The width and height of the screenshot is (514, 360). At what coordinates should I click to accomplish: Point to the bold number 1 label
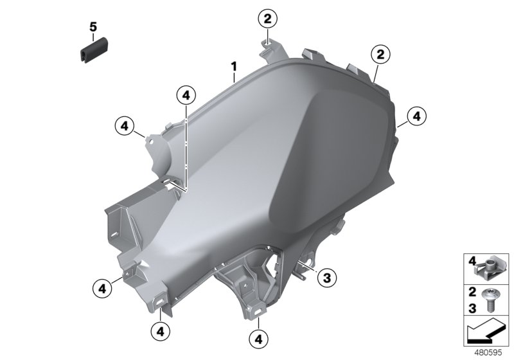pyautogui.click(x=235, y=66)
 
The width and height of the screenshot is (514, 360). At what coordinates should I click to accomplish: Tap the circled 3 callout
pyautogui.click(x=326, y=278)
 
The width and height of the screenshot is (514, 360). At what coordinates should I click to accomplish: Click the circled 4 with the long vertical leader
pyautogui.click(x=185, y=95)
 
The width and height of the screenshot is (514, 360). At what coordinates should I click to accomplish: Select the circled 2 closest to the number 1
pyautogui.click(x=268, y=19)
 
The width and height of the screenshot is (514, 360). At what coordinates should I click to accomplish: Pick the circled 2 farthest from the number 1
pyautogui.click(x=380, y=55)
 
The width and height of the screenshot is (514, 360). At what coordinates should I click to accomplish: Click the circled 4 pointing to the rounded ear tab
pyautogui.click(x=125, y=124)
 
